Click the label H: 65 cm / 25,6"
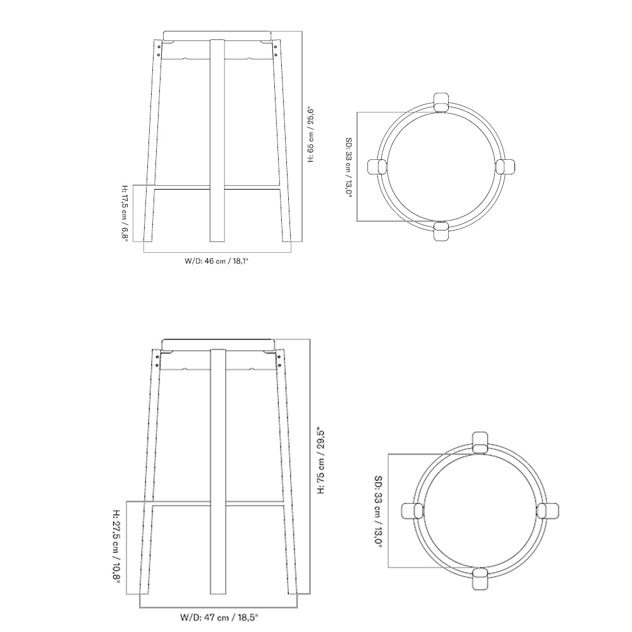pos(311,135)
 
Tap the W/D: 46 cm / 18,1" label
pos(216,261)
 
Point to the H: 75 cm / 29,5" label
pos(321,461)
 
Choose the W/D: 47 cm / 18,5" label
pos(219,617)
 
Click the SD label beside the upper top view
pos(349,166)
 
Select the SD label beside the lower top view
pos(379,511)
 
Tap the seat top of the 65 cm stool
pos(216,35)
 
